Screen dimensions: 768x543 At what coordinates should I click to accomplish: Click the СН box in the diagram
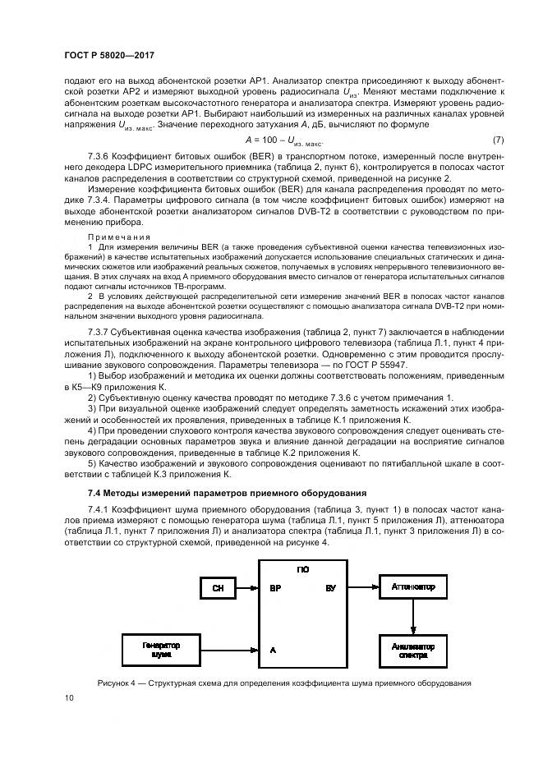tap(218, 588)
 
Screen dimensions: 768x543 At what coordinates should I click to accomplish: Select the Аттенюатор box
tap(413, 588)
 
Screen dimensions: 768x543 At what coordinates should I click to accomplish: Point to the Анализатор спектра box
tap(413, 650)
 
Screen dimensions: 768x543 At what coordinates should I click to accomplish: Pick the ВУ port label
tap(330, 588)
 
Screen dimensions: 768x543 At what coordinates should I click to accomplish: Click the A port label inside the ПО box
tap(272, 650)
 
